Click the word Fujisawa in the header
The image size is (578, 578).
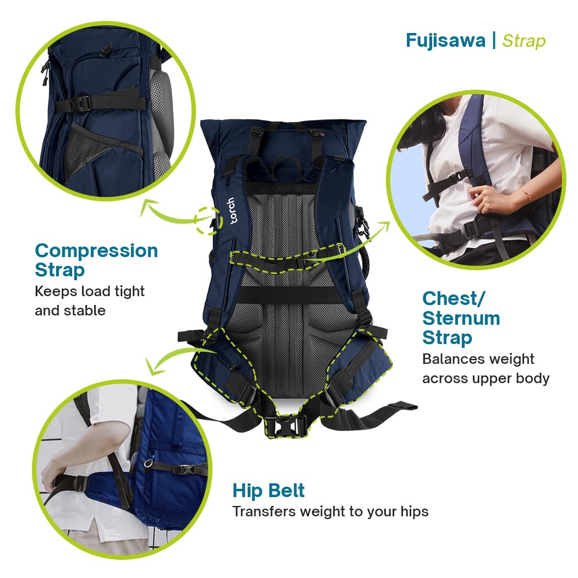coord(445,41)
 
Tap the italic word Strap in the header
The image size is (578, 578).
coord(524,41)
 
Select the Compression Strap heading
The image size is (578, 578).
coord(96,260)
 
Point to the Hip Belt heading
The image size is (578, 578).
coord(269,490)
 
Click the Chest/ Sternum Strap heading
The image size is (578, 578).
coord(461,318)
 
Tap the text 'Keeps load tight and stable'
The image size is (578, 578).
coord(90,301)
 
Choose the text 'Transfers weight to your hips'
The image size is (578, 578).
coord(330,511)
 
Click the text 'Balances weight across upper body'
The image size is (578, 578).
coord(486,369)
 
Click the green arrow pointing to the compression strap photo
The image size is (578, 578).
coord(165,214)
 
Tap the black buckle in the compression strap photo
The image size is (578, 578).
coord(82,103)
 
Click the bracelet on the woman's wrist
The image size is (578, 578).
coord(526,194)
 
